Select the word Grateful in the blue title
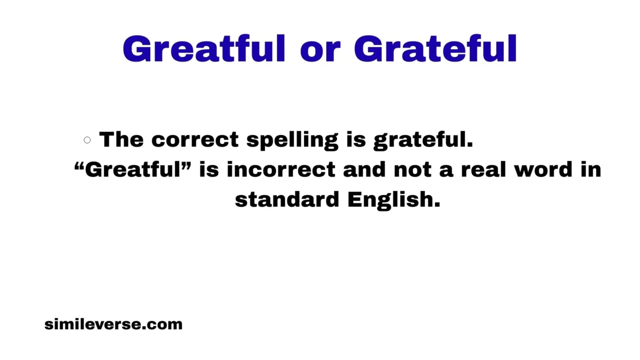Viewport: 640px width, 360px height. pos(435,49)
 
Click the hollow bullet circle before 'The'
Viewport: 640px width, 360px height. pos(87,139)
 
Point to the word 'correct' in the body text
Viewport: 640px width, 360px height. pos(195,140)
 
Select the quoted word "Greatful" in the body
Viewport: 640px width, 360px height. pos(133,169)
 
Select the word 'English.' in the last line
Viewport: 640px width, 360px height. pos(394,200)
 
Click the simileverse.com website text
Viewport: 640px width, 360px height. pos(113,324)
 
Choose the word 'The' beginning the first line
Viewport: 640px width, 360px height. pos(122,139)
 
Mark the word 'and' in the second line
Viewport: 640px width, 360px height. pos(364,170)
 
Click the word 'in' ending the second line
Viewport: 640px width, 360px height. pos(591,170)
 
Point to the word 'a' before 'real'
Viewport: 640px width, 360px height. pos(446,171)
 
